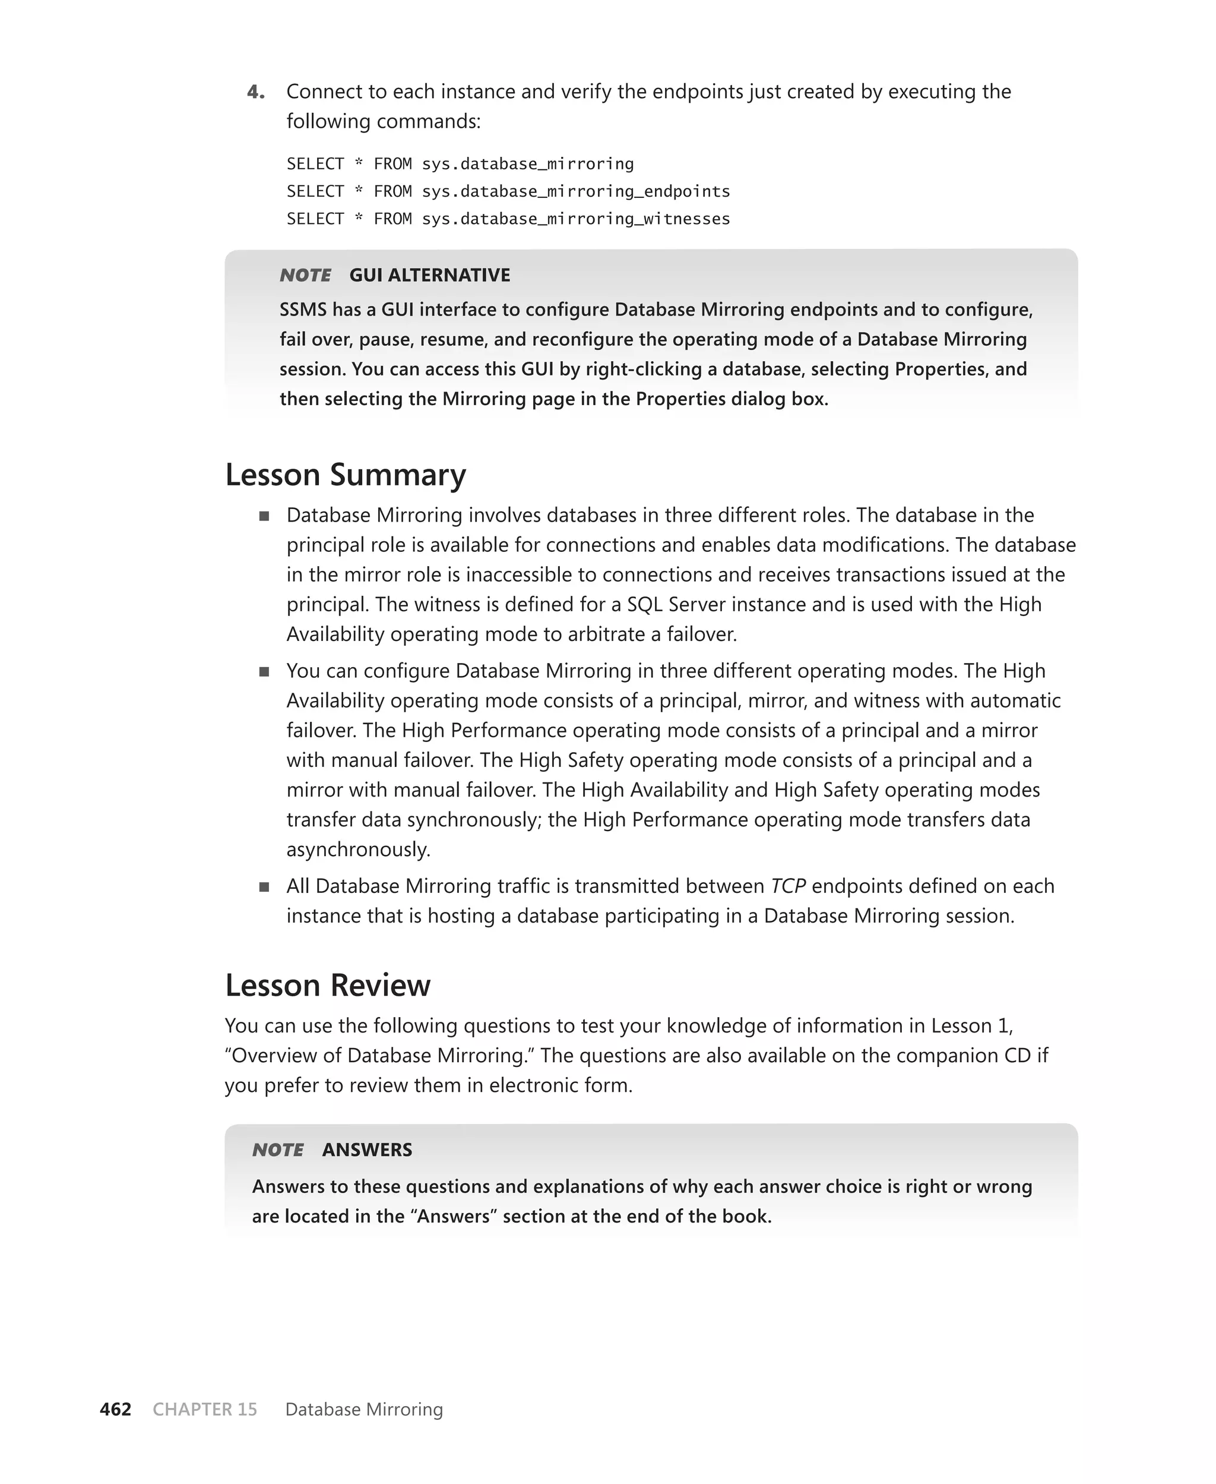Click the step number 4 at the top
256,92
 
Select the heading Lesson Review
327,984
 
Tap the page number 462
116,1409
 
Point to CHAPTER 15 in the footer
204,1409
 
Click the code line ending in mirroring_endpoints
508,191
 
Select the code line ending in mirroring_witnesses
508,219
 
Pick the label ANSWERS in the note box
367,1149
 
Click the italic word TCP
788,886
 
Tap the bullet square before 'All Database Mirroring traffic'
264,886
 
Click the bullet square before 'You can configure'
264,671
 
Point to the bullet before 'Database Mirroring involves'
264,516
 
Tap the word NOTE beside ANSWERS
278,1149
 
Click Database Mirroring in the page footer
364,1409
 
